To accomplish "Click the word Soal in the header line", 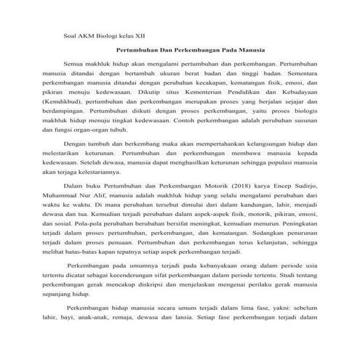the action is point(71,35).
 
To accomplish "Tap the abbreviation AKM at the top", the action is point(90,35).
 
